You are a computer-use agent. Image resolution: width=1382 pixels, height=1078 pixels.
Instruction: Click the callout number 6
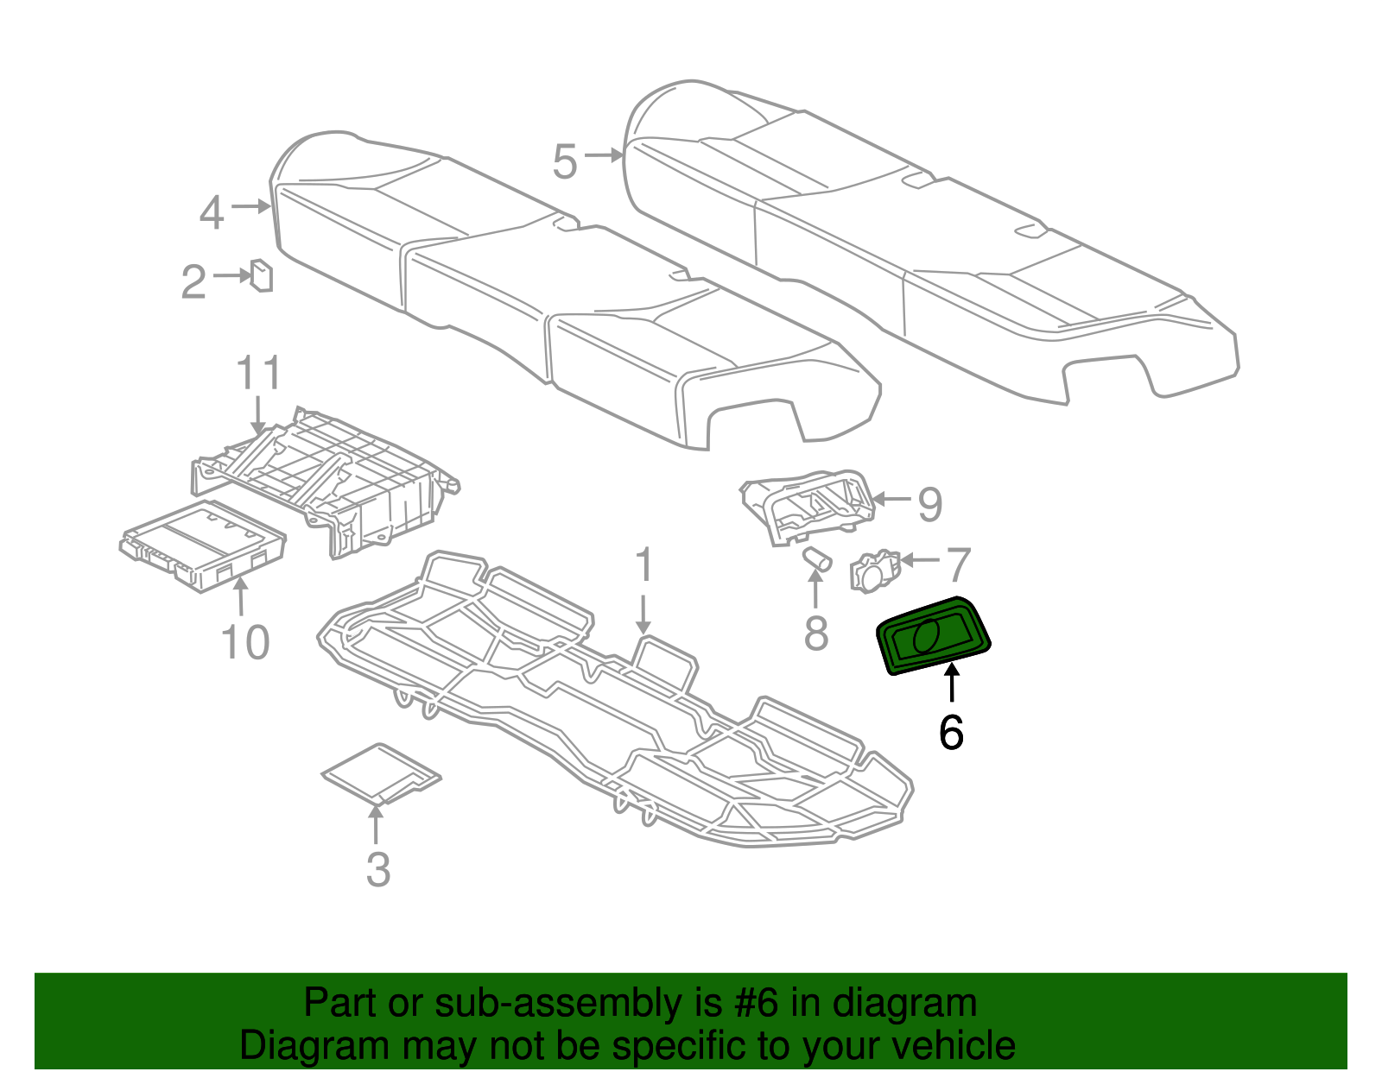[951, 733]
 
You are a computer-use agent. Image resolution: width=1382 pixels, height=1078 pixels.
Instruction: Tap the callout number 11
[259, 374]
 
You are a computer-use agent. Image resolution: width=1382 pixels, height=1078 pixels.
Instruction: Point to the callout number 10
[244, 643]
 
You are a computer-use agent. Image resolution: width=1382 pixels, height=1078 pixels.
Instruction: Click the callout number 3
[378, 870]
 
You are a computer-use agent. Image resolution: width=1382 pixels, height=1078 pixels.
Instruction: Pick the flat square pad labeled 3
[380, 772]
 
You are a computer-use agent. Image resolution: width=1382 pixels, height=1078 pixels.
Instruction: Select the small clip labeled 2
[261, 275]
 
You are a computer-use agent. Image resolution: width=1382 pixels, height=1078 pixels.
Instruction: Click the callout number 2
[194, 281]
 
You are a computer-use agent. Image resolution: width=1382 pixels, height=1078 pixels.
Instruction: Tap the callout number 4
[212, 212]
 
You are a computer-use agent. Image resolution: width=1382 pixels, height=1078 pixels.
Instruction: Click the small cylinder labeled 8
[816, 559]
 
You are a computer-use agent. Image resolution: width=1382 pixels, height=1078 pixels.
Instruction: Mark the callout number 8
[816, 634]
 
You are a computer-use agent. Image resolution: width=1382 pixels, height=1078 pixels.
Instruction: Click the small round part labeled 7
[874, 571]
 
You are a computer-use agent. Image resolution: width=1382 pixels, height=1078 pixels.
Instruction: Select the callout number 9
[929, 504]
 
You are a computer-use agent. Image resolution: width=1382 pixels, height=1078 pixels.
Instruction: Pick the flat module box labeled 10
[203, 545]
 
